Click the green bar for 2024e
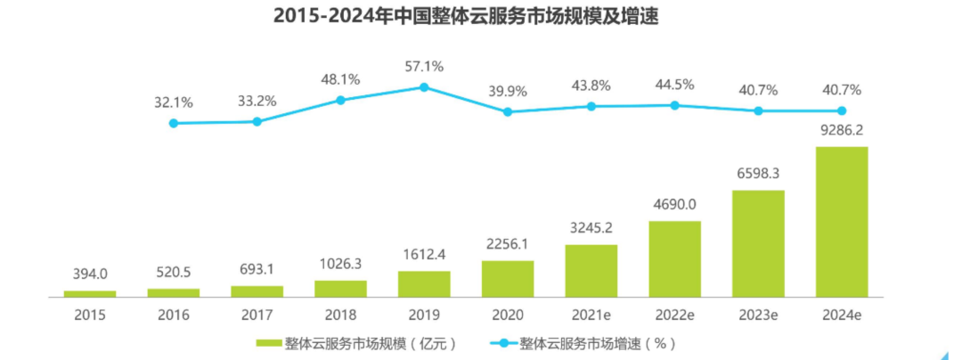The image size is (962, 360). point(842,221)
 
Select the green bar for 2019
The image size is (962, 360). point(424,283)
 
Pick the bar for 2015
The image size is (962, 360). point(90,293)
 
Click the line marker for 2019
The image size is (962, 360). point(424,87)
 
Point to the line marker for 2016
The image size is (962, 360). point(174,123)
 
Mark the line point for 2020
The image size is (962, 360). point(508,112)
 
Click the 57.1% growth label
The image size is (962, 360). point(424,66)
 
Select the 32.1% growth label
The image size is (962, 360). point(174,102)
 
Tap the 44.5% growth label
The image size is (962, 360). point(674,85)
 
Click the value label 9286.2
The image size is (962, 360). point(842,130)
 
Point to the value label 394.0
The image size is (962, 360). point(90,274)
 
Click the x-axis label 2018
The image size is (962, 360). point(340,315)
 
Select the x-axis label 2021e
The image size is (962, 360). point(591,315)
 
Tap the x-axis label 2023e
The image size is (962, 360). point(758,315)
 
